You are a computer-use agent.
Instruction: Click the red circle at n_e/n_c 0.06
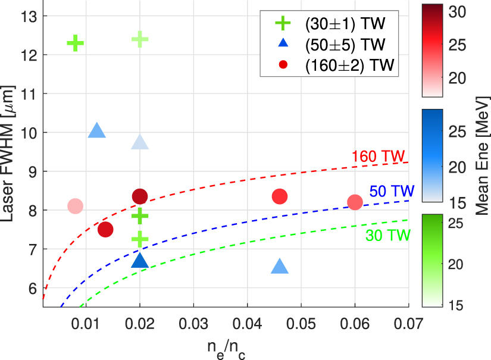pyautogui.click(x=355, y=202)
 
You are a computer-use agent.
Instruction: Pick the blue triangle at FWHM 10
pyautogui.click(x=96, y=132)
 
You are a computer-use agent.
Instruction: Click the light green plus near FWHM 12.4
pyautogui.click(x=139, y=39)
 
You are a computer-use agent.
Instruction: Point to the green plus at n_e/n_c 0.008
pyautogui.click(x=75, y=43)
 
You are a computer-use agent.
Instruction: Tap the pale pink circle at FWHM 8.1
pyautogui.click(x=75, y=206)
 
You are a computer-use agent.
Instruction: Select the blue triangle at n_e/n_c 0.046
pyautogui.click(x=280, y=267)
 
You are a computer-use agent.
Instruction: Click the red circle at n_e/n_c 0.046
pyautogui.click(x=280, y=196)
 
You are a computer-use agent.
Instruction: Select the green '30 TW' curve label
pyautogui.click(x=387, y=236)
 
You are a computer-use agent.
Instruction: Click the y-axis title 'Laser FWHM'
pyautogui.click(x=13, y=152)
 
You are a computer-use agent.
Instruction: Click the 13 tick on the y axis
pyautogui.click(x=29, y=17)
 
